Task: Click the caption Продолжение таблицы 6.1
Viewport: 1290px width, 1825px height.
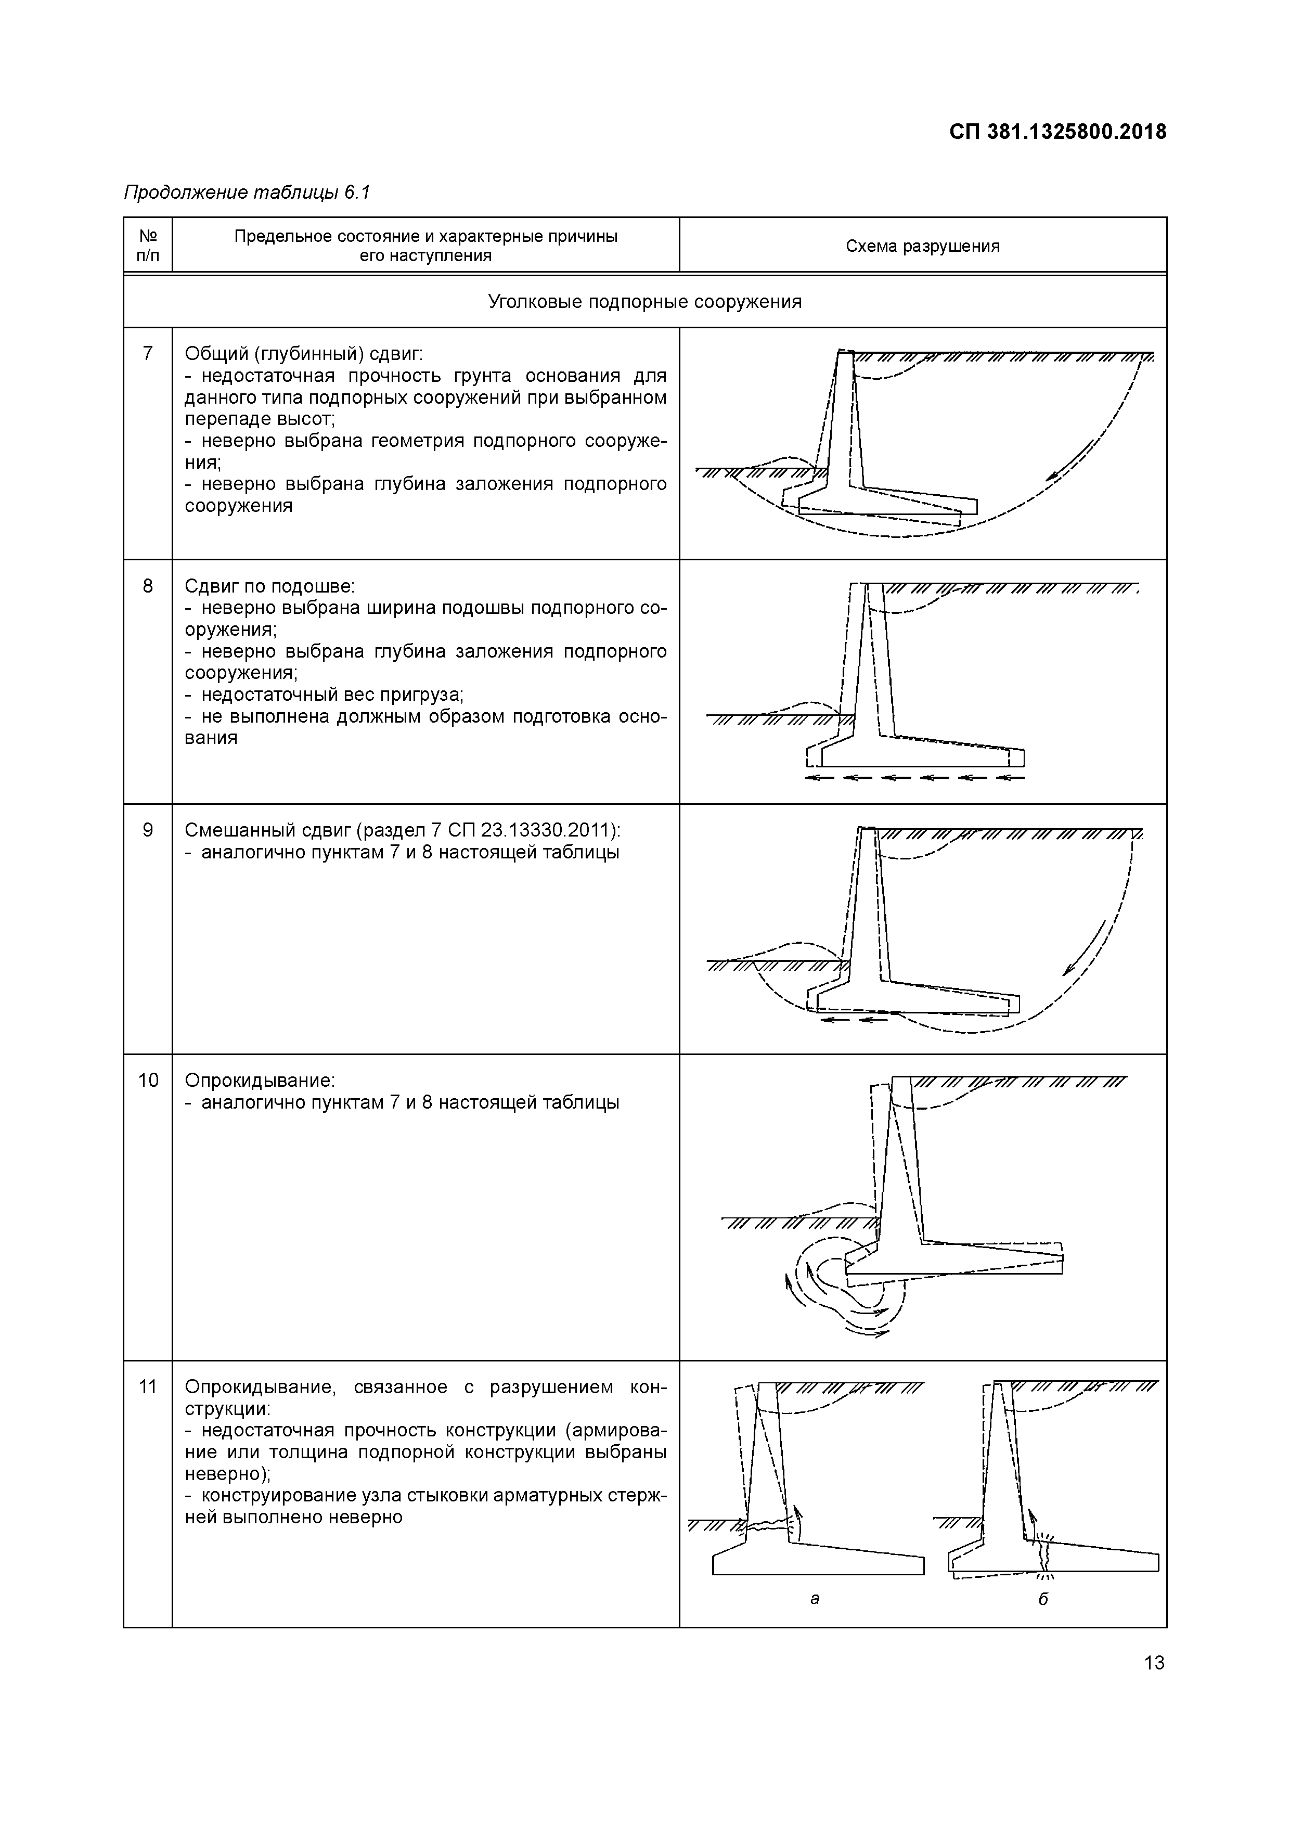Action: click(x=247, y=192)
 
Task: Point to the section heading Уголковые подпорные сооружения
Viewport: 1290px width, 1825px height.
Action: click(x=644, y=302)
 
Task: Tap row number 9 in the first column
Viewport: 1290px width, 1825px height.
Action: click(x=148, y=830)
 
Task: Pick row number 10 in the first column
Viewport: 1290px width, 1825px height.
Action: click(x=148, y=1080)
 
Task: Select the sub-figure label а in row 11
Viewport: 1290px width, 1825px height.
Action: click(x=815, y=1599)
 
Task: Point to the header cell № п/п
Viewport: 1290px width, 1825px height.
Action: click(x=148, y=246)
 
